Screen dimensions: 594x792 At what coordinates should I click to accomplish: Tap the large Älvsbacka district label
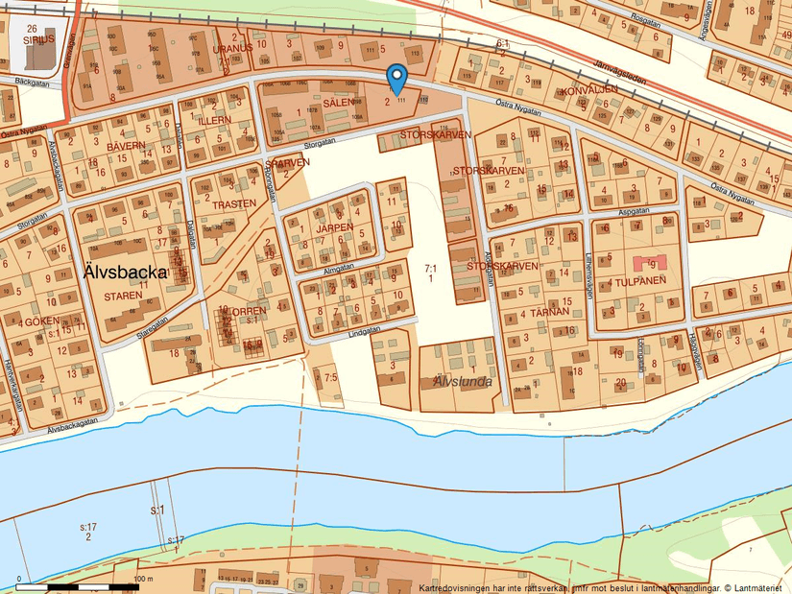pos(126,273)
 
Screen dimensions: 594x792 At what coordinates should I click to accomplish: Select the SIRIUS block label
pos(37,41)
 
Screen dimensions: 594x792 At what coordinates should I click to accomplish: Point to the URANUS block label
pos(232,47)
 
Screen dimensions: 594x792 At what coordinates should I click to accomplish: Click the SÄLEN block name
pos(339,102)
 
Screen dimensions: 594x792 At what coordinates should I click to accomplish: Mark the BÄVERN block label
pos(126,146)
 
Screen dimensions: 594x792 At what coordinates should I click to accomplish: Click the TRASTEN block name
pos(234,203)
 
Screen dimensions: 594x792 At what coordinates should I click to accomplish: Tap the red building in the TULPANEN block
pos(647,261)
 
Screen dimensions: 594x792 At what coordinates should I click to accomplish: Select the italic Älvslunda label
pos(462,381)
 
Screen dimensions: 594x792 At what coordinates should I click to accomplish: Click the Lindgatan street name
pos(365,330)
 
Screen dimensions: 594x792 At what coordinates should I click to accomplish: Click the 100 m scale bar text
pos(143,579)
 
